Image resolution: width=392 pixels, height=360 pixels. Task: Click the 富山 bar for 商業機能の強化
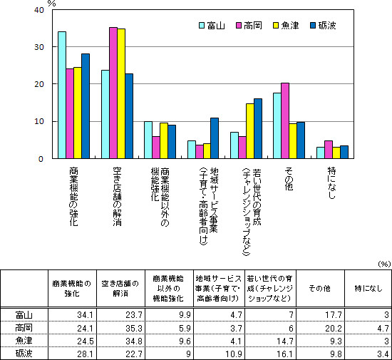[x=62, y=95]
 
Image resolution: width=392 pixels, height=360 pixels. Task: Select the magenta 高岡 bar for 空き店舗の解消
[x=113, y=93]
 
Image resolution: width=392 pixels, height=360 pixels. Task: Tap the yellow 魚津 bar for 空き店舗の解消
[x=121, y=93]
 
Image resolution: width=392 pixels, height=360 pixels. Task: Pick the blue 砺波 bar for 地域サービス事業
[x=215, y=138]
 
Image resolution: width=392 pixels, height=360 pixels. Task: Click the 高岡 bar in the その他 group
[x=285, y=120]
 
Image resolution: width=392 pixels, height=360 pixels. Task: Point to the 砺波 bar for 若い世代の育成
[x=258, y=128]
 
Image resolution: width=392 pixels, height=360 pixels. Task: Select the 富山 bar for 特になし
[x=321, y=153]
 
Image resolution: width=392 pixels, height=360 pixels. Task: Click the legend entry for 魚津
[x=286, y=26]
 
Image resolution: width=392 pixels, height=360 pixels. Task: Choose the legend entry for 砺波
[x=323, y=26]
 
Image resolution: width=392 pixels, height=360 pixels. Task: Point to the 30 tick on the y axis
[x=39, y=47]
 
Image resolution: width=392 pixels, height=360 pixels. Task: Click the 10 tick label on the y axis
[x=39, y=122]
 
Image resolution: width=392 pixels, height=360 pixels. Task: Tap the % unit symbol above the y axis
[x=52, y=4]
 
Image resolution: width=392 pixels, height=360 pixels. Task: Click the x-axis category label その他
[x=289, y=179]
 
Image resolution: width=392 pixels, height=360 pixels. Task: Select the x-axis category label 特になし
[x=331, y=183]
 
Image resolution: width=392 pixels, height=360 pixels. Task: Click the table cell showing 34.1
[x=86, y=315]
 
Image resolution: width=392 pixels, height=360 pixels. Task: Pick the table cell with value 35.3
[x=134, y=328]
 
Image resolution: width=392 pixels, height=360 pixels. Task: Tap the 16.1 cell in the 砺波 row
[x=285, y=354]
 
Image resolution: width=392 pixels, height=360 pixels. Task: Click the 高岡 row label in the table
[x=24, y=328]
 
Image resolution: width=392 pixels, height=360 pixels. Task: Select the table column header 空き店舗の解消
[x=120, y=288]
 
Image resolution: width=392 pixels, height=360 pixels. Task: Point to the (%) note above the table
[x=384, y=264]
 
